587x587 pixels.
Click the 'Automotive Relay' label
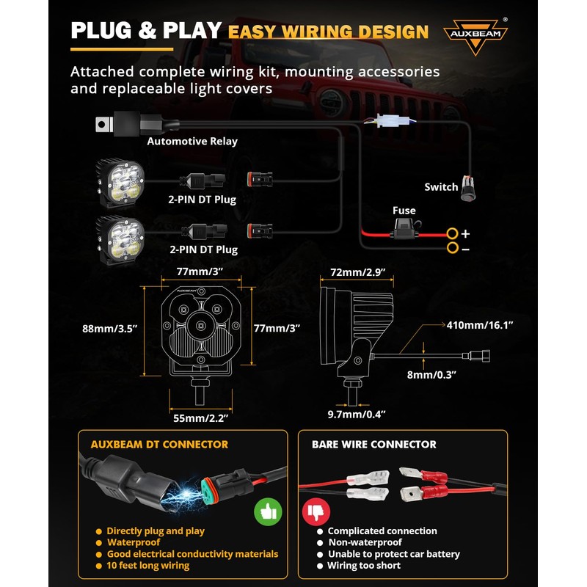tap(192, 142)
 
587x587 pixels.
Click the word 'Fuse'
tap(404, 211)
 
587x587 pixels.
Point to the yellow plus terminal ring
tap(453, 234)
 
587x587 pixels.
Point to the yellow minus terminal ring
tap(453, 249)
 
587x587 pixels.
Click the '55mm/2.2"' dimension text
tap(201, 418)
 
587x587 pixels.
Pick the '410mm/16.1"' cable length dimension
tap(481, 324)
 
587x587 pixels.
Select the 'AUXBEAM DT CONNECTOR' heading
tap(159, 445)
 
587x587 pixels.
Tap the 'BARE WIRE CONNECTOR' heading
tap(373, 445)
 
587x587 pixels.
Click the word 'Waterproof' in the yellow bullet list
tap(133, 542)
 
